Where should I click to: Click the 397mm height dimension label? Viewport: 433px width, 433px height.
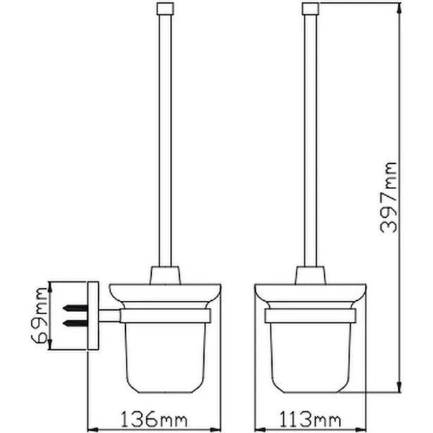click(388, 198)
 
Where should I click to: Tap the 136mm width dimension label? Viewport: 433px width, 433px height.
click(154, 420)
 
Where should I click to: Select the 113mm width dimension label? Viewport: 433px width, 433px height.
click(310, 420)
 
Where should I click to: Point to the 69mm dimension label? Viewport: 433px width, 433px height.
click(39, 315)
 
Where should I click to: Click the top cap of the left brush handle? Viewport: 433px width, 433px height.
click(165, 8)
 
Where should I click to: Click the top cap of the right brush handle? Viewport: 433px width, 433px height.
click(311, 8)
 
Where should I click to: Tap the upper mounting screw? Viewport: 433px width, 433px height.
click(75, 308)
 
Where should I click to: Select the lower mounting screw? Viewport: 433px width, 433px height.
click(75, 322)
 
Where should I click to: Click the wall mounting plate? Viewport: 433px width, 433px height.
click(93, 316)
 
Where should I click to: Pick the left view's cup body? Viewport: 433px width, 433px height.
click(166, 358)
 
